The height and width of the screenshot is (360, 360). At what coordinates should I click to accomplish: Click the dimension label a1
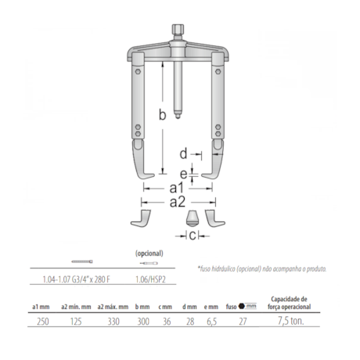click(x=176, y=188)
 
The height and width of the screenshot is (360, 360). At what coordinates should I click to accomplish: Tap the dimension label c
click(x=190, y=236)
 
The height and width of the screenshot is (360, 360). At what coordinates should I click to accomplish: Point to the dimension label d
click(x=182, y=153)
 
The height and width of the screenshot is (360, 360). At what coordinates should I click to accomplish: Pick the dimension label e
click(x=183, y=174)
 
